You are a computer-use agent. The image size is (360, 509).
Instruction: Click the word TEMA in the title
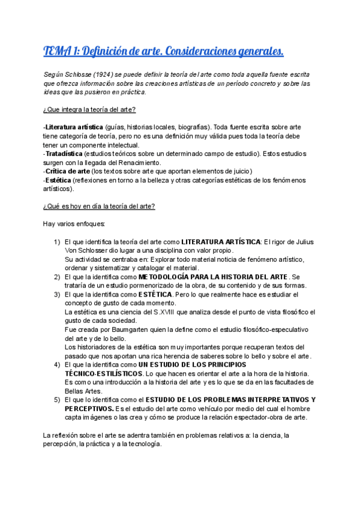(55, 52)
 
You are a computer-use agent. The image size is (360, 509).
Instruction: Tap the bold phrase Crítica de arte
(68, 171)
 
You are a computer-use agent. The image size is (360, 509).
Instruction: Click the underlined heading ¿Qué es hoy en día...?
(99, 206)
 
